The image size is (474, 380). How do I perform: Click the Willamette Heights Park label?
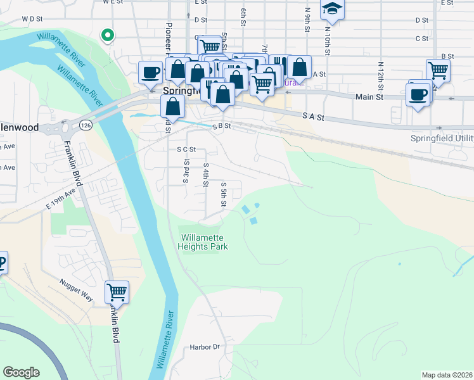pos(203,242)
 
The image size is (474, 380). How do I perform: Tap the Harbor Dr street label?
pos(204,347)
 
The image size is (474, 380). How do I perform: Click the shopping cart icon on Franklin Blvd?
pos(117,293)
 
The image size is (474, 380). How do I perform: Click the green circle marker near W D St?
pos(108,35)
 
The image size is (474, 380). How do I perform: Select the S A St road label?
pos(313,117)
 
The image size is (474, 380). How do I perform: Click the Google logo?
pos(21,372)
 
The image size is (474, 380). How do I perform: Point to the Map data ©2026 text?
pos(446,375)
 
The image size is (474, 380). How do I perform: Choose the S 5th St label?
pos(223,194)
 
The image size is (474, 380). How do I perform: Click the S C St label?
pos(186,149)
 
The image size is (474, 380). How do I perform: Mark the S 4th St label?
pos(205,175)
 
